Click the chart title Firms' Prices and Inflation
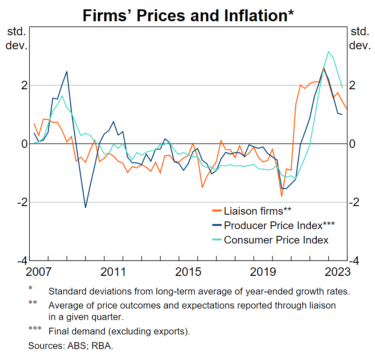tap(187, 15)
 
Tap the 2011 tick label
tap(113, 272)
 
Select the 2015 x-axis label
tap(188, 272)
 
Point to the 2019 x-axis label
tap(262, 272)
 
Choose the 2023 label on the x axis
tap(336, 272)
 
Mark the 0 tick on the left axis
tap(25, 144)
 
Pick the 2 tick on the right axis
tap(353, 85)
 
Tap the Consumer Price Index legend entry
tap(276, 240)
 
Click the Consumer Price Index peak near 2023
tap(328, 51)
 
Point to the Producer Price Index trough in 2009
tap(85, 207)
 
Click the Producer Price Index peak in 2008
tap(67, 71)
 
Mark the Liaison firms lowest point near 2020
tap(281, 196)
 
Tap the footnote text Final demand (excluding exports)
tap(119, 332)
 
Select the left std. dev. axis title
tap(17, 38)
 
